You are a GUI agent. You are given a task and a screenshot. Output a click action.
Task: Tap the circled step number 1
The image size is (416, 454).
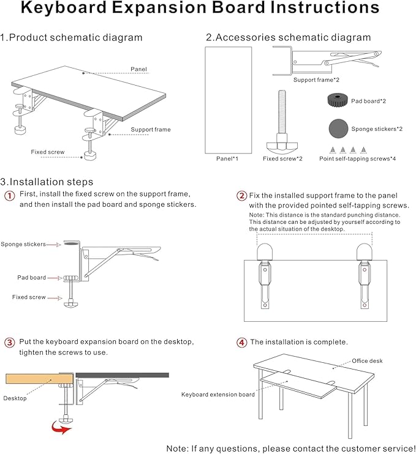point(10,196)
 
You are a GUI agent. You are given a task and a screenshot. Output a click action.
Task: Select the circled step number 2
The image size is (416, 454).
point(241,196)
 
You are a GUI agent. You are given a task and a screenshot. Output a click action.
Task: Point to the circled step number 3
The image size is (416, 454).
point(10,342)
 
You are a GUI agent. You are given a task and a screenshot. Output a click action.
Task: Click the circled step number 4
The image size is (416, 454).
point(241,342)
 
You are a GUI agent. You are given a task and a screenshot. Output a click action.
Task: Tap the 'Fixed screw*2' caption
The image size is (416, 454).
point(282,158)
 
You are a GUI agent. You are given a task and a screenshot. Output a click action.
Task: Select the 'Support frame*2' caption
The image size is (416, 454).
point(316,80)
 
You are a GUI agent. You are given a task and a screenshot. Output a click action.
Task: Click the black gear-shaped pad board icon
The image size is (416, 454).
point(338,101)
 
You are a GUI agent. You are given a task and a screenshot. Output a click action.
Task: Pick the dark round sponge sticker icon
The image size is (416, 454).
point(338,128)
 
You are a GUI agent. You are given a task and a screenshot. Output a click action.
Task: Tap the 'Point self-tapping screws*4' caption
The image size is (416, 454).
point(357,158)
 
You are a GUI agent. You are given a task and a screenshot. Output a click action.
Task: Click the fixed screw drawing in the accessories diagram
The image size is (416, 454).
point(282,122)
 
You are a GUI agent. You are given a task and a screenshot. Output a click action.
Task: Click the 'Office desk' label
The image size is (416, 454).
point(367,361)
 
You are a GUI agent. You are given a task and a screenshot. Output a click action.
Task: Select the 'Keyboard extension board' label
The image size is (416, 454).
point(217,395)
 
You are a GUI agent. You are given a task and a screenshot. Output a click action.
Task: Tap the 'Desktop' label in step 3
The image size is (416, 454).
point(15,398)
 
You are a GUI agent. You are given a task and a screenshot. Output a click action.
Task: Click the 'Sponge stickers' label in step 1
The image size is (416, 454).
point(23,244)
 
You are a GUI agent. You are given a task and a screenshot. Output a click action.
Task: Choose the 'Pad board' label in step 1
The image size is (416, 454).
point(31,277)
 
